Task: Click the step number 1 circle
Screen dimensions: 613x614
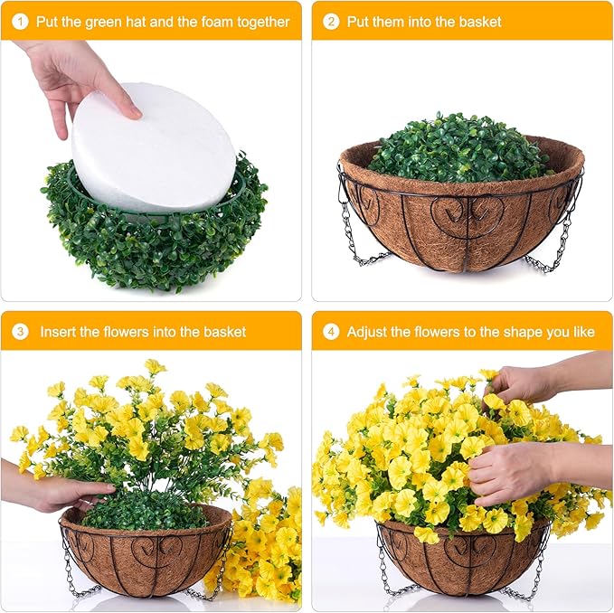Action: point(21,22)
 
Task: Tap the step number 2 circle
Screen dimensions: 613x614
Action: point(331,22)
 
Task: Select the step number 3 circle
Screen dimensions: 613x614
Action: point(21,332)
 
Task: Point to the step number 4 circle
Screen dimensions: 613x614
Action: point(331,332)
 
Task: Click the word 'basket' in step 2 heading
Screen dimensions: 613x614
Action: point(477,22)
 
